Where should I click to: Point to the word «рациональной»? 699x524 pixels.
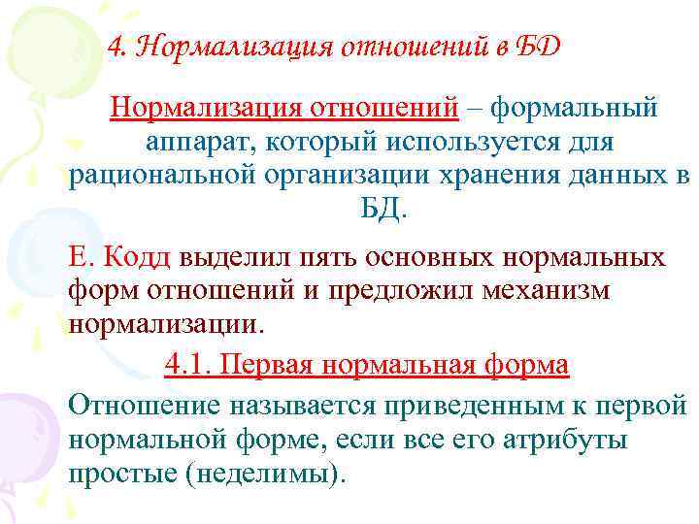coord(161,178)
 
